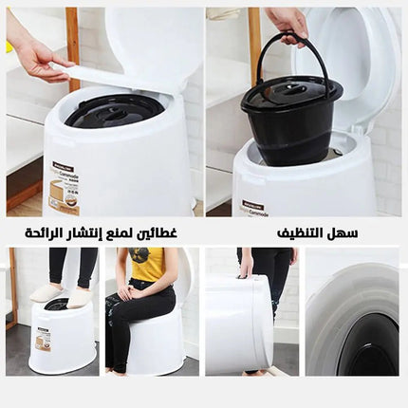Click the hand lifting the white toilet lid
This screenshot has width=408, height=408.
[x=38, y=56]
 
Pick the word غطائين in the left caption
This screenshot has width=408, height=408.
[x=158, y=232]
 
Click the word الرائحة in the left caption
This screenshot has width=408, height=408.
[x=43, y=232]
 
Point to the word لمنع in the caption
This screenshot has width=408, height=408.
[x=124, y=232]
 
